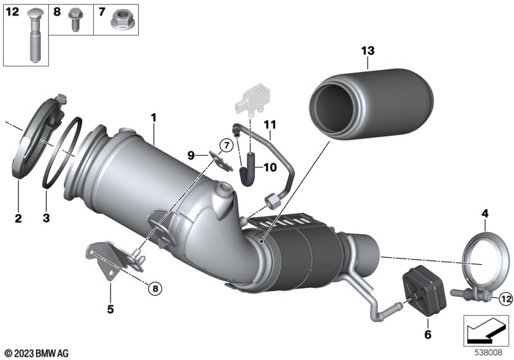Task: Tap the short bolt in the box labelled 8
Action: coord(74,21)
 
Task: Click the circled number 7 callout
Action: coord(226,145)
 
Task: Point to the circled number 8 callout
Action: coord(155,289)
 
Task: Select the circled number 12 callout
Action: coord(506,299)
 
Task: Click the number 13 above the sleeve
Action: coord(368,51)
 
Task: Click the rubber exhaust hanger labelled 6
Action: coord(424,292)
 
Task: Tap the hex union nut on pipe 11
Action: coord(272,201)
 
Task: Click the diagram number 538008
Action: coord(488,353)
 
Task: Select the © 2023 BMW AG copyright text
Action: coord(37,354)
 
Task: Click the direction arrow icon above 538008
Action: coord(486,330)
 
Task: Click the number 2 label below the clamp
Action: coord(18,218)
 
